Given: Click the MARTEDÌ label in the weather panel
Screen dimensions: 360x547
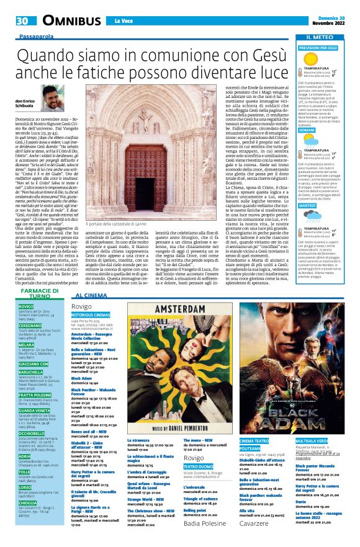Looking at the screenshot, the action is tap(308, 205).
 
